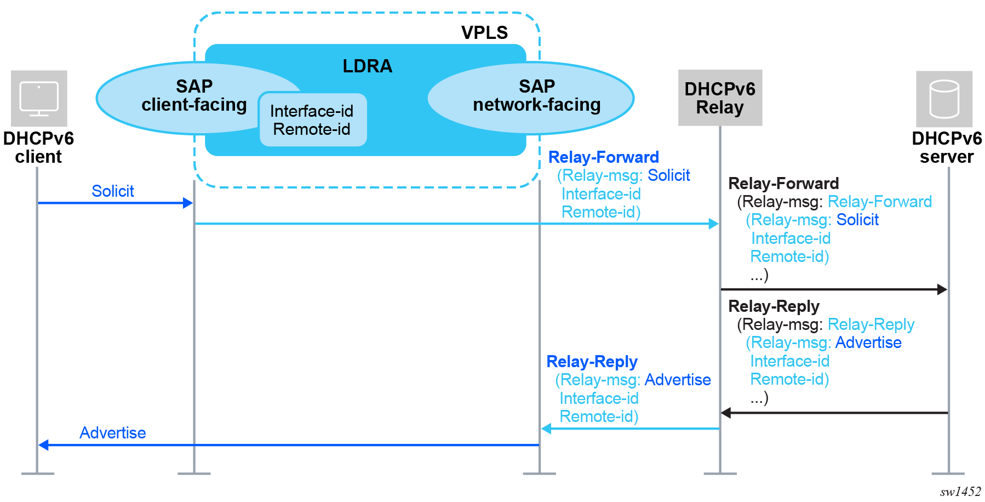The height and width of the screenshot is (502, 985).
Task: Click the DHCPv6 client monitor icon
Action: click(x=39, y=99)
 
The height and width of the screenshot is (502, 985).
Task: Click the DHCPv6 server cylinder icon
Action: click(x=944, y=99)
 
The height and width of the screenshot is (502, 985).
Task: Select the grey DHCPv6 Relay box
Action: click(x=720, y=98)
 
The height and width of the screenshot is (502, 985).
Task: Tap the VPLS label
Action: click(x=484, y=33)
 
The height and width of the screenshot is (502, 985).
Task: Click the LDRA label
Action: click(x=367, y=66)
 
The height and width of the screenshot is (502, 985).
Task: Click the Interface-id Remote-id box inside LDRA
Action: click(x=312, y=120)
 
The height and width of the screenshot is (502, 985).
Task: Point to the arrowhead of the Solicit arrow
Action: click(x=188, y=203)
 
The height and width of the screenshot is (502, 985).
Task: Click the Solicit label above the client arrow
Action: click(x=112, y=191)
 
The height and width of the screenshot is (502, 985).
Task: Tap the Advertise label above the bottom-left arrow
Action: click(x=112, y=433)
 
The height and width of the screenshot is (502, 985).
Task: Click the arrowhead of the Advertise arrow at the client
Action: click(x=43, y=445)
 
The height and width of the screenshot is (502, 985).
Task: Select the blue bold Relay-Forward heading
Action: click(x=603, y=157)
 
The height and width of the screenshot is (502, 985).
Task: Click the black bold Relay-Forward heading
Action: click(x=783, y=184)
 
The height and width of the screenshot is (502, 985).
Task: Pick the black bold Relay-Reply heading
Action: click(x=773, y=306)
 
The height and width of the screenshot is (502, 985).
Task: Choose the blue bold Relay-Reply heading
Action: click(x=592, y=362)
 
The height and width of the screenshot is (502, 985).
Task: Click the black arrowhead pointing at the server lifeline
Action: click(x=942, y=289)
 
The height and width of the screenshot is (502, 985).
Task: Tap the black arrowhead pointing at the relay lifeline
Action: click(x=726, y=413)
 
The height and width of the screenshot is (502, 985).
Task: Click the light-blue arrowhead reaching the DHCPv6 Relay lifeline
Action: click(x=713, y=224)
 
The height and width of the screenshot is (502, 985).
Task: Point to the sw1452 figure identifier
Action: click(x=960, y=492)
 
